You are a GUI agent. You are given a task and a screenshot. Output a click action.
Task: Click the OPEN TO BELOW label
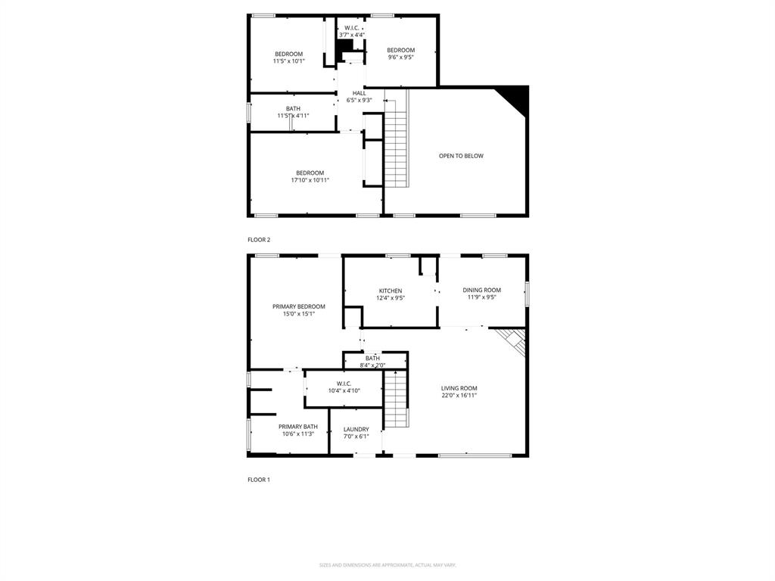point(461,156)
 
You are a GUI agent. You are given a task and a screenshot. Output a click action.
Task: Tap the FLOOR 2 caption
point(259,240)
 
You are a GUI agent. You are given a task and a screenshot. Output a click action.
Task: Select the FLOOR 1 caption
point(259,480)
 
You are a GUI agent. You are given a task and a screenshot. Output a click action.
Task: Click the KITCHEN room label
point(391,290)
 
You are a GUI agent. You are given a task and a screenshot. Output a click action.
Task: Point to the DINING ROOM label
point(482,290)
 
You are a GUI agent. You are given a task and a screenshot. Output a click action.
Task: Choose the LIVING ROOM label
point(459,388)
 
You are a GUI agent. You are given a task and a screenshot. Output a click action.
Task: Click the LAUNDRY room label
point(356,429)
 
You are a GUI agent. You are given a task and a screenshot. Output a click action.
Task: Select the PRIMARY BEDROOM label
point(299,306)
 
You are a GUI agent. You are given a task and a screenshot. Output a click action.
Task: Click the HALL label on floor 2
point(359,93)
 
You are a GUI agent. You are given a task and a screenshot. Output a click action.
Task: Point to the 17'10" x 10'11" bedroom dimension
point(310,180)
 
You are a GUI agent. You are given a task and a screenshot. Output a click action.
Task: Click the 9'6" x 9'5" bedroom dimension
point(401,57)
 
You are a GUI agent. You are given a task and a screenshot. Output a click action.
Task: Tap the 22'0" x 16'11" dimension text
point(459,395)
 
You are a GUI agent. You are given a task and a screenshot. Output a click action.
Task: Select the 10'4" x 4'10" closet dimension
point(344,390)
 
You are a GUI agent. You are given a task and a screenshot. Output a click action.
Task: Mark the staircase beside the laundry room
point(396,401)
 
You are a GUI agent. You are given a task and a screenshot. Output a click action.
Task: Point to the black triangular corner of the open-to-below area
point(517,95)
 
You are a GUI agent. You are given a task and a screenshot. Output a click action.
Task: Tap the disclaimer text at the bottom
point(387,565)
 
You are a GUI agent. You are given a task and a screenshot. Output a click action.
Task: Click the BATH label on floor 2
point(293,108)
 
